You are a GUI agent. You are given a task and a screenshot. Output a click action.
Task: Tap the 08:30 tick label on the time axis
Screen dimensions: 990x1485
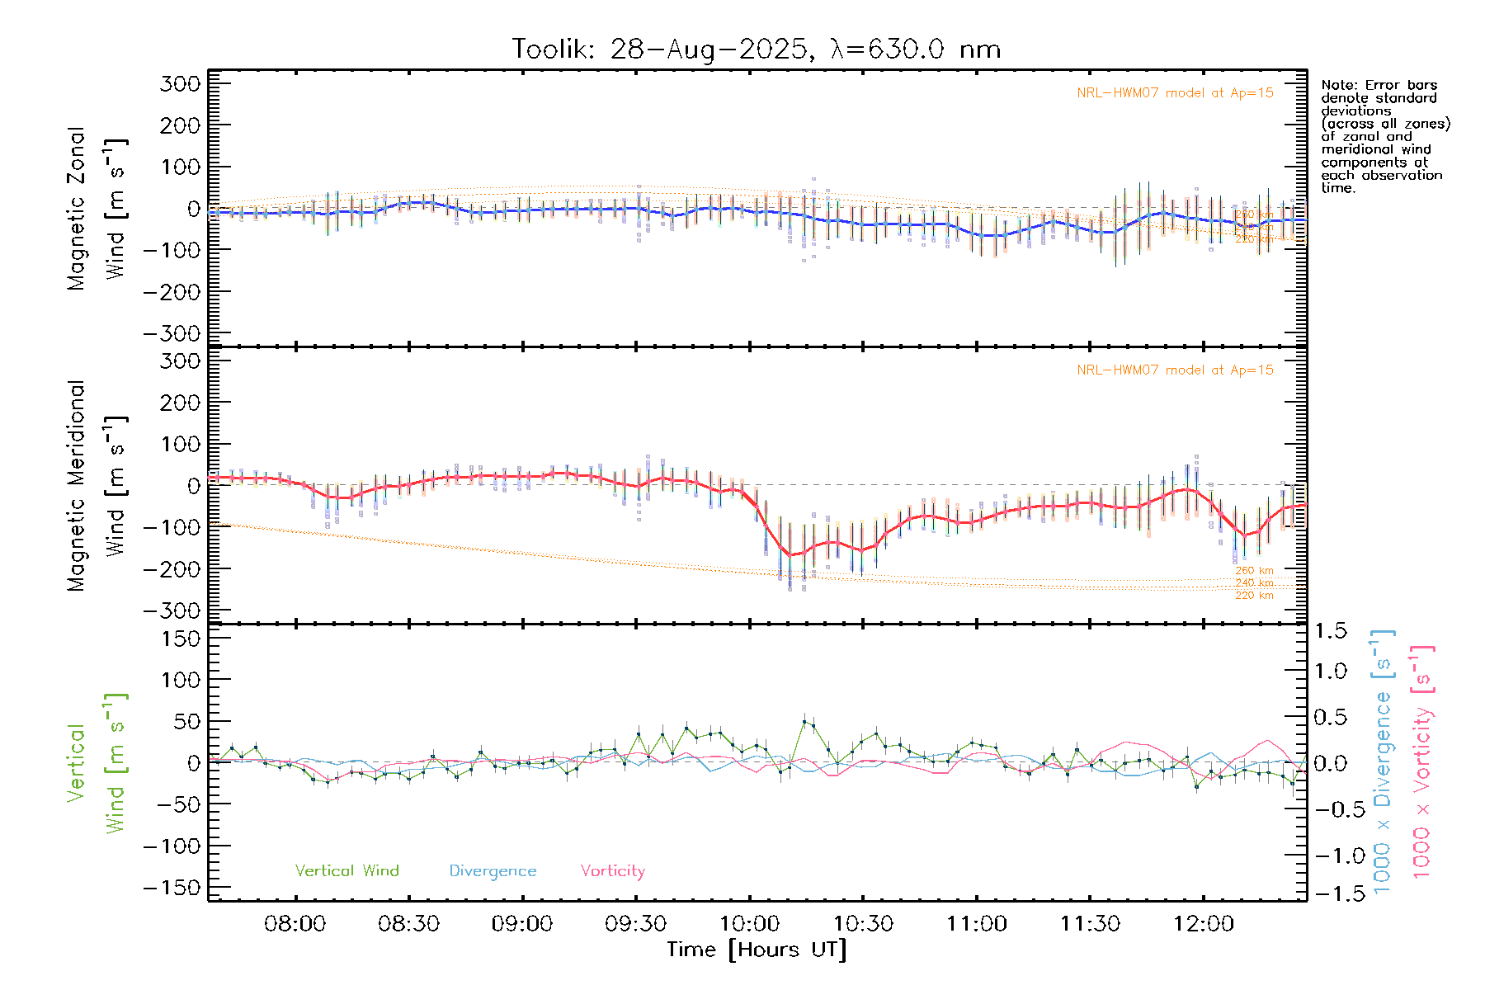[x=408, y=924]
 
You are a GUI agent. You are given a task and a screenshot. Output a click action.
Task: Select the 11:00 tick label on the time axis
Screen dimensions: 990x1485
[x=976, y=924]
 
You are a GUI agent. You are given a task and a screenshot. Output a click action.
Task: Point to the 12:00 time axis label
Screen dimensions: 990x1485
[x=1204, y=924]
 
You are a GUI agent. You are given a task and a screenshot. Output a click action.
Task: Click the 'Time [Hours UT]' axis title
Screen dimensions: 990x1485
[x=757, y=950]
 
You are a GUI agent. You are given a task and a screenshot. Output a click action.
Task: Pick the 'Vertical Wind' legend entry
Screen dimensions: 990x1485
[x=346, y=871]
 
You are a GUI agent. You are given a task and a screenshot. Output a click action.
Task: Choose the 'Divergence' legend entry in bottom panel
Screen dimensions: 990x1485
[x=493, y=871]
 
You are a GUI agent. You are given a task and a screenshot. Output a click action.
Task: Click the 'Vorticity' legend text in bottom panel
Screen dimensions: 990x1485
[x=612, y=871]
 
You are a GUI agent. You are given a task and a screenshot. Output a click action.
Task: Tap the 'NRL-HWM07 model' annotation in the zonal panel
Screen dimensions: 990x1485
[x=1175, y=93]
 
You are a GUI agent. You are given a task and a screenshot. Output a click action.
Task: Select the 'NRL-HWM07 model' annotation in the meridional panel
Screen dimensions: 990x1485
[x=1175, y=370]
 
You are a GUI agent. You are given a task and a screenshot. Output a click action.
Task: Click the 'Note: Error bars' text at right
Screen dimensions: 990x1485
[x=1379, y=85]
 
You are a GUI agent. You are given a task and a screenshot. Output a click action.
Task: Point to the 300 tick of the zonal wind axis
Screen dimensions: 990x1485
[x=181, y=83]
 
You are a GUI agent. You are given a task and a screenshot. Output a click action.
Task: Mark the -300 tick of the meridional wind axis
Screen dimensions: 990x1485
[x=172, y=610]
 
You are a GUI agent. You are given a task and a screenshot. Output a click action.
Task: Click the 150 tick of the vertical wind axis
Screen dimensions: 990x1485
[x=181, y=639]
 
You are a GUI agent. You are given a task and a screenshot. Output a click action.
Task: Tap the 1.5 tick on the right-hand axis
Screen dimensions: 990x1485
[x=1330, y=631]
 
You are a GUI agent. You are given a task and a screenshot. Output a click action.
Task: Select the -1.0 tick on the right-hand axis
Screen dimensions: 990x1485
[x=1330, y=856]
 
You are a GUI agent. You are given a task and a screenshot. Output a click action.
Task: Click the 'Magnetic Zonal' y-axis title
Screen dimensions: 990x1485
[x=77, y=209]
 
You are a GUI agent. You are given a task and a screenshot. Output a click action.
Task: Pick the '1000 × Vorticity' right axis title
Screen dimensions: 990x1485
[x=1421, y=761]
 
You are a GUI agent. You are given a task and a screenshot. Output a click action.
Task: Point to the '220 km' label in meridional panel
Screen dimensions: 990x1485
[x=1254, y=596]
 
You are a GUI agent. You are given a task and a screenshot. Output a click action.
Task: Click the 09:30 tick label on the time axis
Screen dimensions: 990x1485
[x=635, y=924]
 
